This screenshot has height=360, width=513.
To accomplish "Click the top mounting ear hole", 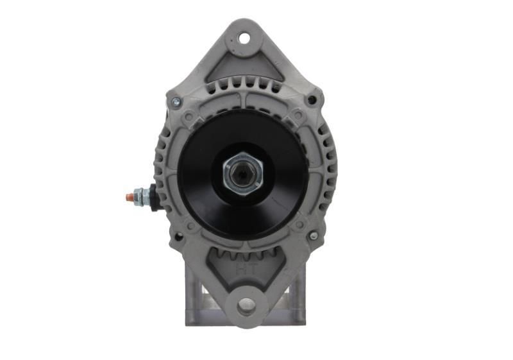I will tap(244, 38).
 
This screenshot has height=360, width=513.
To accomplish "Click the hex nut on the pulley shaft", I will tap(243, 171).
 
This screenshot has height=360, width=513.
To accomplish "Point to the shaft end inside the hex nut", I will tap(243, 172).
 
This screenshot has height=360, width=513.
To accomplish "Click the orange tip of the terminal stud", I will tap(130, 196).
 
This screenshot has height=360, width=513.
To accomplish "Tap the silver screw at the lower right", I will tap(313, 236).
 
